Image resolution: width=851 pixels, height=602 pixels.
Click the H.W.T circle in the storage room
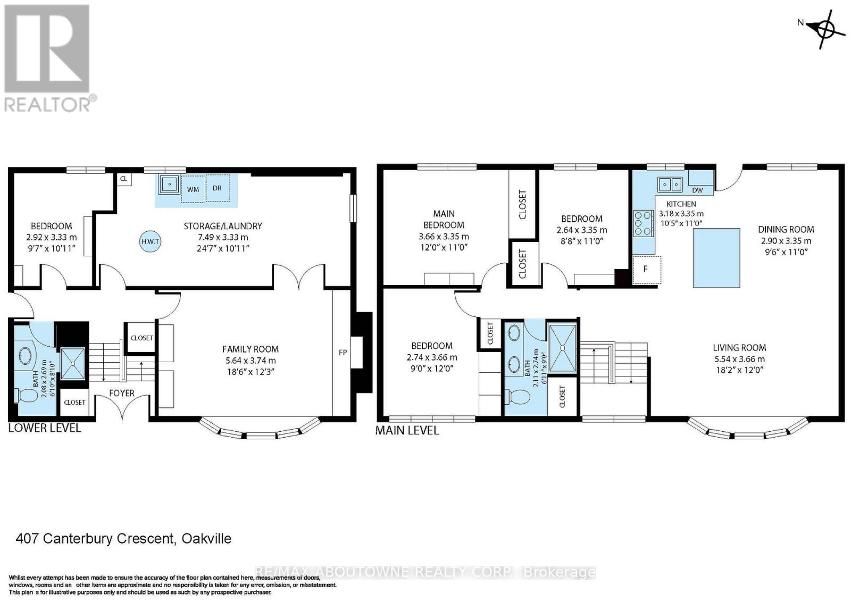pyautogui.click(x=151, y=241)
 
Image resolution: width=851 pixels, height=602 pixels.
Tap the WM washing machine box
pyautogui.click(x=193, y=189)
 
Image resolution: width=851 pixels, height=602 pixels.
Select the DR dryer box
pyautogui.click(x=217, y=188)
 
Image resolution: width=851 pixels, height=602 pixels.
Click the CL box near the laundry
pyautogui.click(x=123, y=179)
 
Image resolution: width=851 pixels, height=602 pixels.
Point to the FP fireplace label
pyautogui.click(x=343, y=352)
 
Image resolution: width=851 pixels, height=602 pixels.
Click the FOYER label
pyautogui.click(x=122, y=393)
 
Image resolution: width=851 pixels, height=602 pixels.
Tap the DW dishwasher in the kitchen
pyautogui.click(x=697, y=190)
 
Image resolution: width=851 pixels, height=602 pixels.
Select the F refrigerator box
pyautogui.click(x=646, y=269)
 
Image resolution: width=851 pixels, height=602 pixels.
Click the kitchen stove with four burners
pyautogui.click(x=643, y=223)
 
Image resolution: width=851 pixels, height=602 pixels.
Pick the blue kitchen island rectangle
pyautogui.click(x=716, y=258)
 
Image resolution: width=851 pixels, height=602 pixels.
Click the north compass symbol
pyautogui.click(x=825, y=29)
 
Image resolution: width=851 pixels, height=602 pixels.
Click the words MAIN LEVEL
pyautogui.click(x=407, y=430)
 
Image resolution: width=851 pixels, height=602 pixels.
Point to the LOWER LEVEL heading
pyautogui.click(x=45, y=428)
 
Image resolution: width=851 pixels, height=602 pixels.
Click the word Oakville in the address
pyautogui.click(x=206, y=538)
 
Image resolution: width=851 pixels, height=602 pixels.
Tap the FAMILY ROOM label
pyautogui.click(x=250, y=349)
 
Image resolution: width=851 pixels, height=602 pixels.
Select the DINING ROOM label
pyautogui.click(x=786, y=230)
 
